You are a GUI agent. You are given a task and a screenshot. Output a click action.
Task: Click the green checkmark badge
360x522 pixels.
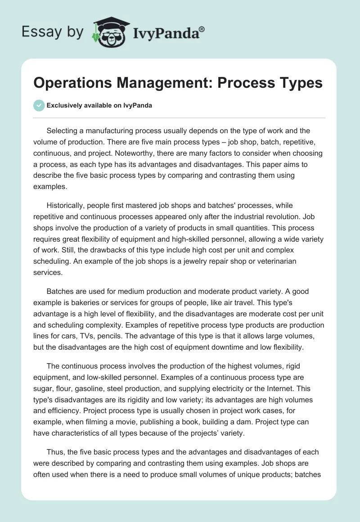39,105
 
